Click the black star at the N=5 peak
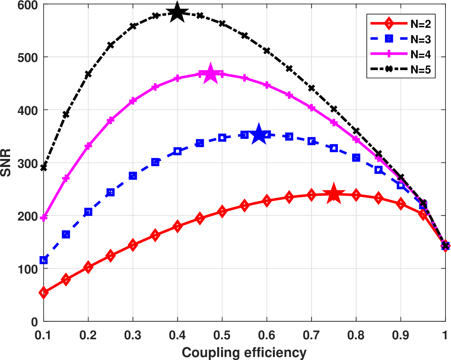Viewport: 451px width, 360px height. click(177, 12)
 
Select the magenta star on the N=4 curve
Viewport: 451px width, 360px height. click(210, 73)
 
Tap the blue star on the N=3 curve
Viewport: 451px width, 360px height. click(259, 134)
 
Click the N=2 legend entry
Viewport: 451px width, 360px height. click(401, 24)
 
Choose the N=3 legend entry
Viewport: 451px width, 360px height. click(401, 39)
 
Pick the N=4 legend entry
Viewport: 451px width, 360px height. click(401, 54)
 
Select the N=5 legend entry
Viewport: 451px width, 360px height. click(401, 69)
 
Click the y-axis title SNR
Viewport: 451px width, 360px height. click(6, 163)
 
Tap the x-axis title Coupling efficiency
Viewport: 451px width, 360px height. click(244, 352)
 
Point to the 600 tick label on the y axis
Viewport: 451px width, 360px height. click(28, 5)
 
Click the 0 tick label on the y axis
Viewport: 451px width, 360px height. click(35, 322)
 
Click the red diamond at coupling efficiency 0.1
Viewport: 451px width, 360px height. click(44, 292)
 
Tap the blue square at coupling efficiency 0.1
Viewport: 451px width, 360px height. click(44, 260)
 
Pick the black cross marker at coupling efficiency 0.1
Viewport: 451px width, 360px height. click(44, 168)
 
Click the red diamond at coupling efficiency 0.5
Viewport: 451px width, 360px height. click(222, 211)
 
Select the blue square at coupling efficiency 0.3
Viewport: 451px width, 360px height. click(133, 176)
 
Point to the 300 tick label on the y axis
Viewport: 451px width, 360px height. click(28, 163)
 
